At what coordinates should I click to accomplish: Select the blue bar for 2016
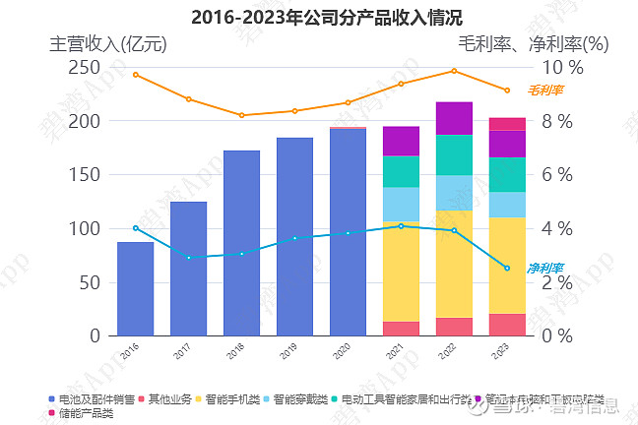click(135, 288)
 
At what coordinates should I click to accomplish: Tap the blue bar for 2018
click(241, 243)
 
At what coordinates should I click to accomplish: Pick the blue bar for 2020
click(348, 232)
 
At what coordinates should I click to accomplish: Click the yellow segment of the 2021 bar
click(401, 271)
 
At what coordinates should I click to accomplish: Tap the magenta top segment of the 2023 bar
click(507, 124)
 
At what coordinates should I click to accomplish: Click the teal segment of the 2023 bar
click(507, 174)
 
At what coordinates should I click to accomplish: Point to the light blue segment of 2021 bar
click(401, 204)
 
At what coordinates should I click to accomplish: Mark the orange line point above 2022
click(454, 71)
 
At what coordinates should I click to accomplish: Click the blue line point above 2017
click(188, 258)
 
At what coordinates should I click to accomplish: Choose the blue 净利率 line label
click(544, 268)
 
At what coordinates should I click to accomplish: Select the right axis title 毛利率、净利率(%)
click(534, 44)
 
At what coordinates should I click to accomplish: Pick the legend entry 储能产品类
click(86, 413)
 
